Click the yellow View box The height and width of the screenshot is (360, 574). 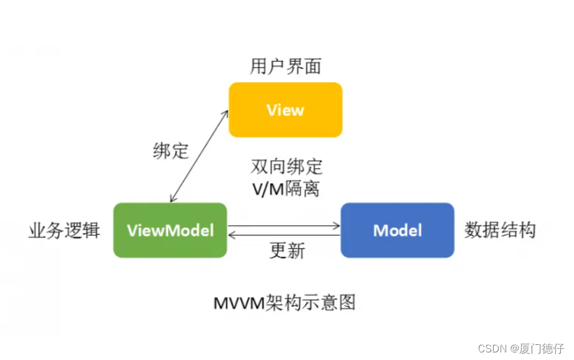point(285,109)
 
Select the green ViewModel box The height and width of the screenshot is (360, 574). point(170,230)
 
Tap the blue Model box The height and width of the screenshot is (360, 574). point(397,230)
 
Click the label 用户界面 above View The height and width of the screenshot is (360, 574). point(285,66)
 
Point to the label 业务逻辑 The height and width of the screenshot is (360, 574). point(64,230)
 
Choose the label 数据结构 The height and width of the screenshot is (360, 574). point(500,230)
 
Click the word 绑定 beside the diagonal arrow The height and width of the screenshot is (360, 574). point(171,151)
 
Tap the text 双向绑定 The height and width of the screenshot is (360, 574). point(286,167)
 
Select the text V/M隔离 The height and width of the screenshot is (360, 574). point(286,188)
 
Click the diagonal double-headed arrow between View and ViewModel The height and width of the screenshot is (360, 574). point(199,156)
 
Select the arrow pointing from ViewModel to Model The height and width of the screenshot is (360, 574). point(284,225)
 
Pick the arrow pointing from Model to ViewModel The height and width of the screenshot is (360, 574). point(284,235)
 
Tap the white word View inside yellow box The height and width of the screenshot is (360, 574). point(285,110)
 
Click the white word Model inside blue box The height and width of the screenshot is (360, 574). point(397,230)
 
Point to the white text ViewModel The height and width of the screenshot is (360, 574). point(170,230)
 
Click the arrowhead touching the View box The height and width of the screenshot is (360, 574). point(226,112)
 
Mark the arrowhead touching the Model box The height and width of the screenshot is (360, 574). point(337,225)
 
